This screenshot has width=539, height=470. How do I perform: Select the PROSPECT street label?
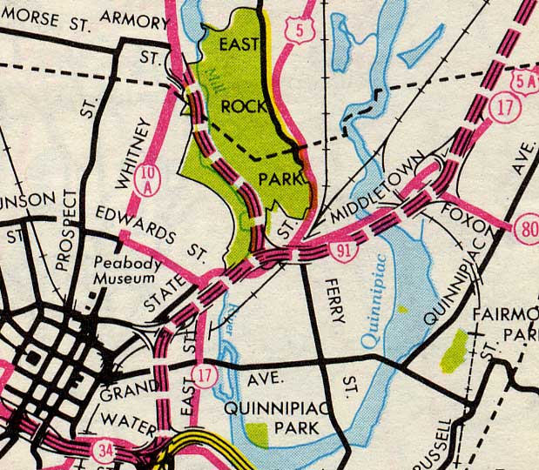pyautogui.click(x=76, y=226)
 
